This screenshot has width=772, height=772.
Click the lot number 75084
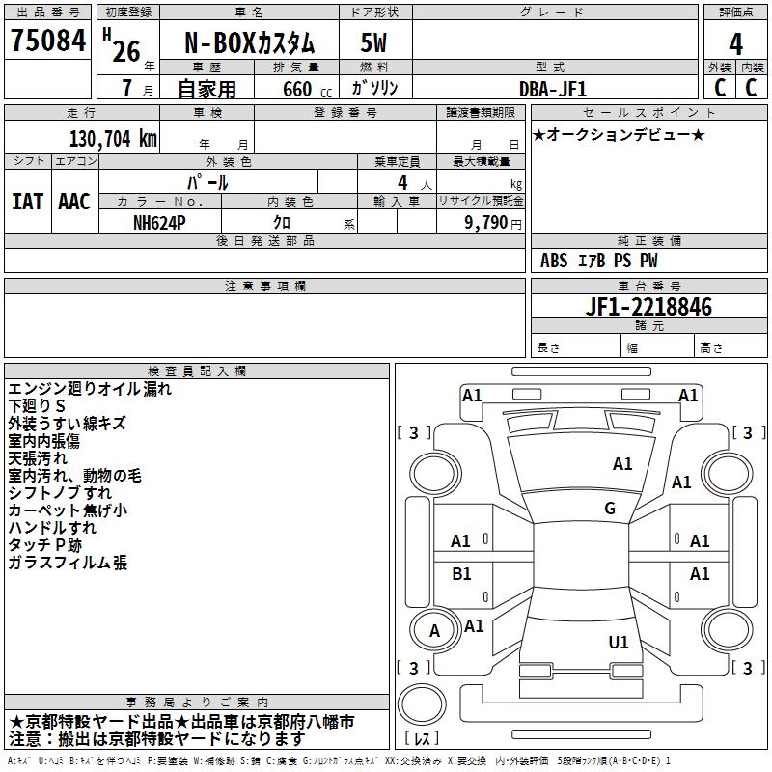point(48,41)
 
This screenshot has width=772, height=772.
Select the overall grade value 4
point(735,44)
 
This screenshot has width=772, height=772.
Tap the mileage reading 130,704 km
point(113,139)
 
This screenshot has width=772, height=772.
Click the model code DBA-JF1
point(553,89)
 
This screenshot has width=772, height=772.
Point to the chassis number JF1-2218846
point(648,307)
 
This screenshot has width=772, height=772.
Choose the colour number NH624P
point(159,223)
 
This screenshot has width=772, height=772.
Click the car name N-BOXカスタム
point(249,43)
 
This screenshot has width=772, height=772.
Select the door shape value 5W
point(373,42)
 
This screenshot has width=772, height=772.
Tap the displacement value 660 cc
point(307,90)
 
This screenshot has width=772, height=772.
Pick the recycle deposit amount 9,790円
point(493,223)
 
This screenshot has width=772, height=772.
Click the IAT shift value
point(27,202)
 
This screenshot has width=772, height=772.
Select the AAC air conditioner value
point(74,202)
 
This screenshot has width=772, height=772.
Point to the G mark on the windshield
point(610,509)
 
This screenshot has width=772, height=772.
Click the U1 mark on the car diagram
point(619,642)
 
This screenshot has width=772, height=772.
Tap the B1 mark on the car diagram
point(461,573)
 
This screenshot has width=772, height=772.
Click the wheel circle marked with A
point(435,631)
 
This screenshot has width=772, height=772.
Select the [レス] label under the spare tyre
point(422,738)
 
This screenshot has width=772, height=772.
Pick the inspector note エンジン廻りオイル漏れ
point(90,389)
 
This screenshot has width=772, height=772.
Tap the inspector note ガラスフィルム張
point(68,563)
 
